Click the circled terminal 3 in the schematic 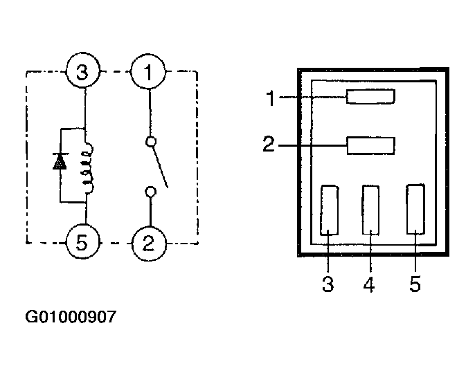pyautogui.click(x=82, y=72)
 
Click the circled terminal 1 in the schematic pyautogui.click(x=148, y=72)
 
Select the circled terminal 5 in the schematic pyautogui.click(x=82, y=242)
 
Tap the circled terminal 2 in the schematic pyautogui.click(x=149, y=244)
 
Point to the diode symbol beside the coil pyautogui.click(x=60, y=161)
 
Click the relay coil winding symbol pyautogui.click(x=88, y=168)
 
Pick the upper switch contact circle pyautogui.click(x=151, y=141)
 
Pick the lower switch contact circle pyautogui.click(x=150, y=192)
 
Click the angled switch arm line pyautogui.click(x=160, y=167)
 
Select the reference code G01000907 pyautogui.click(x=71, y=317)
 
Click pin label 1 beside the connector pyautogui.click(x=271, y=98)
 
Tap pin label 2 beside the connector pyautogui.click(x=269, y=144)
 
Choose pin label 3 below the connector pyautogui.click(x=328, y=284)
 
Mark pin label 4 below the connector pyautogui.click(x=369, y=284)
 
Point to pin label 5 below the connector pyautogui.click(x=415, y=284)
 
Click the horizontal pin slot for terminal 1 pyautogui.click(x=371, y=97)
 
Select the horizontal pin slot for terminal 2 pyautogui.click(x=371, y=146)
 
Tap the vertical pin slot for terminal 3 pyautogui.click(x=330, y=210)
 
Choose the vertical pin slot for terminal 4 pyautogui.click(x=371, y=210)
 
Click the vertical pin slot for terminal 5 pyautogui.click(x=415, y=209)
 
